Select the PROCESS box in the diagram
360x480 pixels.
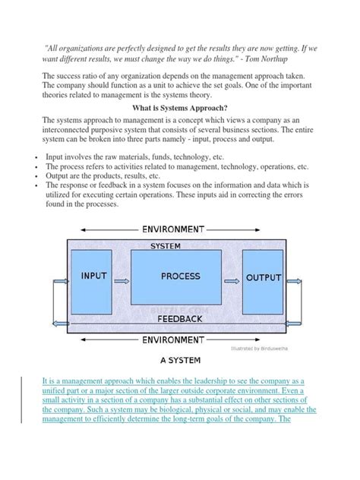180,278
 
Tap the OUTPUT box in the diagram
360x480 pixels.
264,279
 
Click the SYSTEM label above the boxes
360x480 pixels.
166,247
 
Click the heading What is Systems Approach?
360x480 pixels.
180,109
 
